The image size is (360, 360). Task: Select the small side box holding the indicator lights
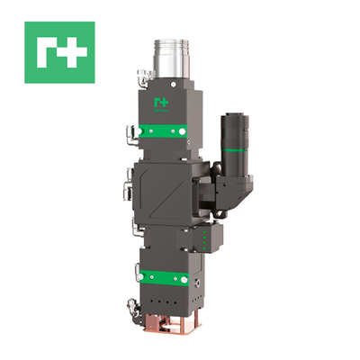coord(205,238)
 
